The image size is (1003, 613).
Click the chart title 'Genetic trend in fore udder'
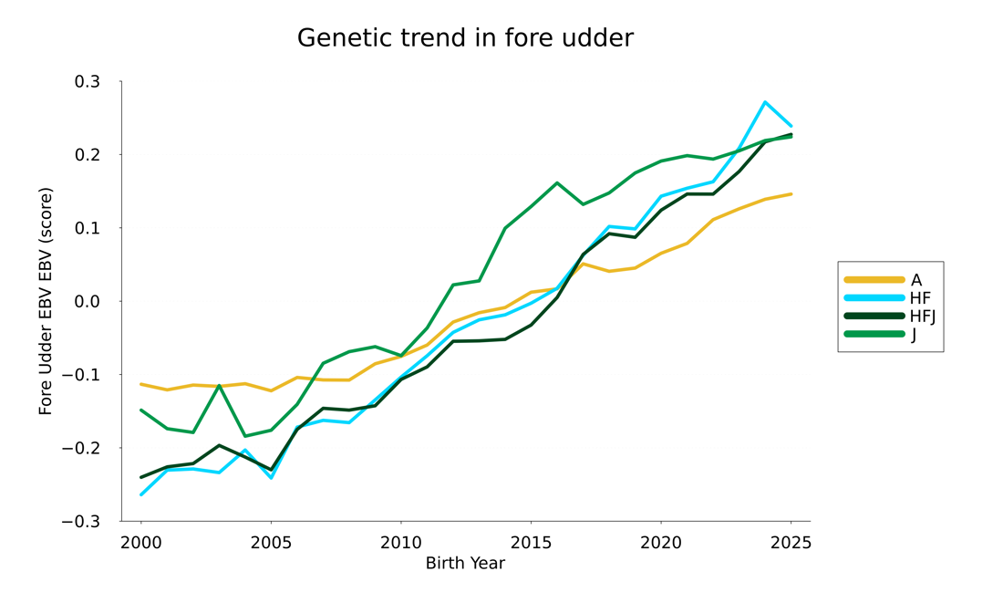[x=465, y=38]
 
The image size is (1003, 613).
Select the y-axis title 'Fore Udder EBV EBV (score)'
[x=46, y=301]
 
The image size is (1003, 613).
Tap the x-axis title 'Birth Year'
[x=465, y=564]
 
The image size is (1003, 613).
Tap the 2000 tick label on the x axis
[x=141, y=543]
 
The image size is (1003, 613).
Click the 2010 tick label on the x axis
[x=400, y=543]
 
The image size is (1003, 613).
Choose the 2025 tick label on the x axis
[x=790, y=543]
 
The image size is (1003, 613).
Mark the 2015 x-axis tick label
[x=531, y=543]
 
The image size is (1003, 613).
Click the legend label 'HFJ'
[x=923, y=317]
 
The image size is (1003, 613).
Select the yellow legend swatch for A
[x=874, y=280]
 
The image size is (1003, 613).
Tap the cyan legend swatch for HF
[x=874, y=298]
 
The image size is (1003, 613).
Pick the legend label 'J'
[x=914, y=335]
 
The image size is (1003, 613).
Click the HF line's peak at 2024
[x=765, y=102]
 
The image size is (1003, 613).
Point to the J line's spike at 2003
[x=219, y=386]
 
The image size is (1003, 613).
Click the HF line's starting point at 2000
[x=141, y=494]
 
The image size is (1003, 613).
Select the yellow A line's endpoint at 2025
[x=791, y=194]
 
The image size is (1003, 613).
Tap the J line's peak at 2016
[x=557, y=182]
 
